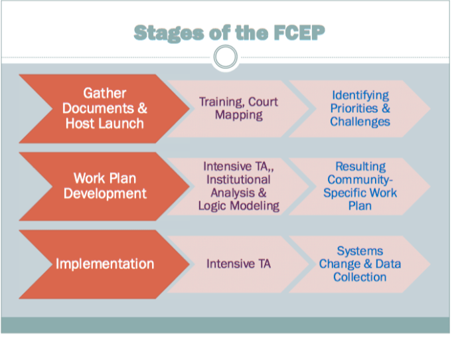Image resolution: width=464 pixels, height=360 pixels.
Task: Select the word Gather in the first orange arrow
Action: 105,93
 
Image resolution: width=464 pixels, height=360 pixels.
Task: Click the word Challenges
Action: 360,122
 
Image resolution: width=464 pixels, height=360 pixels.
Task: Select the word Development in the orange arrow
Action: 105,193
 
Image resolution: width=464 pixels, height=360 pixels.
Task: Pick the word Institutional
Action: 238,179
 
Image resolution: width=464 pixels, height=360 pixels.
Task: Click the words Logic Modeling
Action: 238,205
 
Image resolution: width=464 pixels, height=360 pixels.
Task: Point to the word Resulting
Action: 360,166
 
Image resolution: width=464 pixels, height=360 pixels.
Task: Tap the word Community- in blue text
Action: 360,179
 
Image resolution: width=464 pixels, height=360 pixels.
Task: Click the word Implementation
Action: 105,264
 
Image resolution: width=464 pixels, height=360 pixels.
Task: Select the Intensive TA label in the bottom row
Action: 238,264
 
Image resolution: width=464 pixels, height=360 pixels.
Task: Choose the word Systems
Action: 360,250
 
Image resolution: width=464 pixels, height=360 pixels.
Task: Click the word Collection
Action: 360,277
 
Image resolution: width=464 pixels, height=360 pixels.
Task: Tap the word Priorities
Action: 353,108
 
